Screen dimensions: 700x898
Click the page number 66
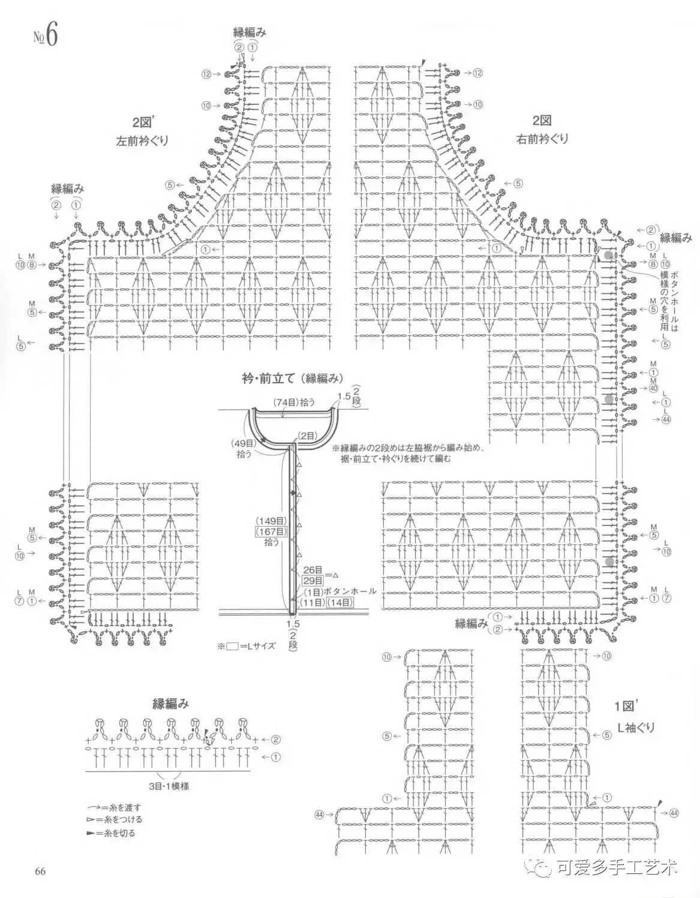41,872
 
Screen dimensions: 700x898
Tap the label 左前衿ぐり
142,142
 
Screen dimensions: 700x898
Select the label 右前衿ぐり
542,139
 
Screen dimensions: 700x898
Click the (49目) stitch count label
244,443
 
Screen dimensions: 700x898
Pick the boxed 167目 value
272,531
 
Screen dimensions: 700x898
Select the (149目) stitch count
272,521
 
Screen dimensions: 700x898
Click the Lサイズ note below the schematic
251,646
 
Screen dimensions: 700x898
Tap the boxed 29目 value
313,581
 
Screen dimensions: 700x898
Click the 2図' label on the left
145,122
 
